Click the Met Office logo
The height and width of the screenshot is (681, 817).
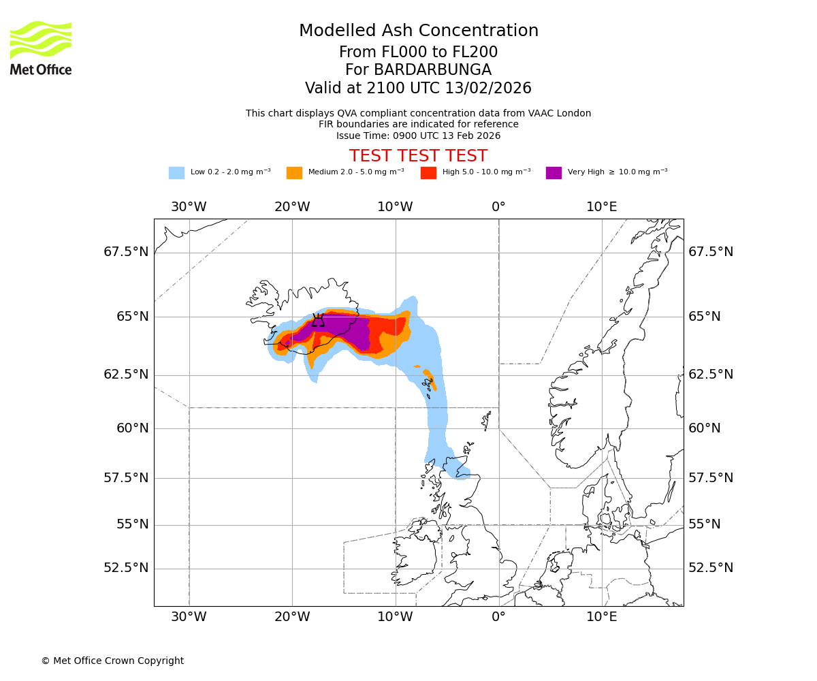click(x=41, y=48)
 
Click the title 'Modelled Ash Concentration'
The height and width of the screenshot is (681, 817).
click(x=418, y=31)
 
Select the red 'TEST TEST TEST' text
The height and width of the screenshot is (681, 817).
click(x=418, y=156)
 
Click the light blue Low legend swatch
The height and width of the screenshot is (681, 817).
click(x=176, y=173)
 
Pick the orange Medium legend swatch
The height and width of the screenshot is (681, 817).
click(x=294, y=173)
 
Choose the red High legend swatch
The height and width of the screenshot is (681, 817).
click(x=428, y=173)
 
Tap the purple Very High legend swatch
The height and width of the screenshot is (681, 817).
click(x=554, y=173)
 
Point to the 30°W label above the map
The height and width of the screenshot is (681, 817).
click(x=189, y=207)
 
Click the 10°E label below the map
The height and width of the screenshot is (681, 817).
click(x=602, y=618)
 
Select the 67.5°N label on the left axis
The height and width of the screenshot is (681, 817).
click(x=126, y=252)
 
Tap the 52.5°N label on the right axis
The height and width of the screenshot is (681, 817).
click(x=711, y=568)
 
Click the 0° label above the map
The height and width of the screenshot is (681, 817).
click(x=498, y=207)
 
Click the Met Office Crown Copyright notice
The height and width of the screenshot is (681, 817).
click(x=112, y=661)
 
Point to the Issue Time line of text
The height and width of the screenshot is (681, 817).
click(x=418, y=136)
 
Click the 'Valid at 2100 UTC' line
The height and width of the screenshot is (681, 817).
click(x=418, y=89)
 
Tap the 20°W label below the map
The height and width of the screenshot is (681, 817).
click(x=292, y=618)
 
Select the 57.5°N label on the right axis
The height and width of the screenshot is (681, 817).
click(x=711, y=478)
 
